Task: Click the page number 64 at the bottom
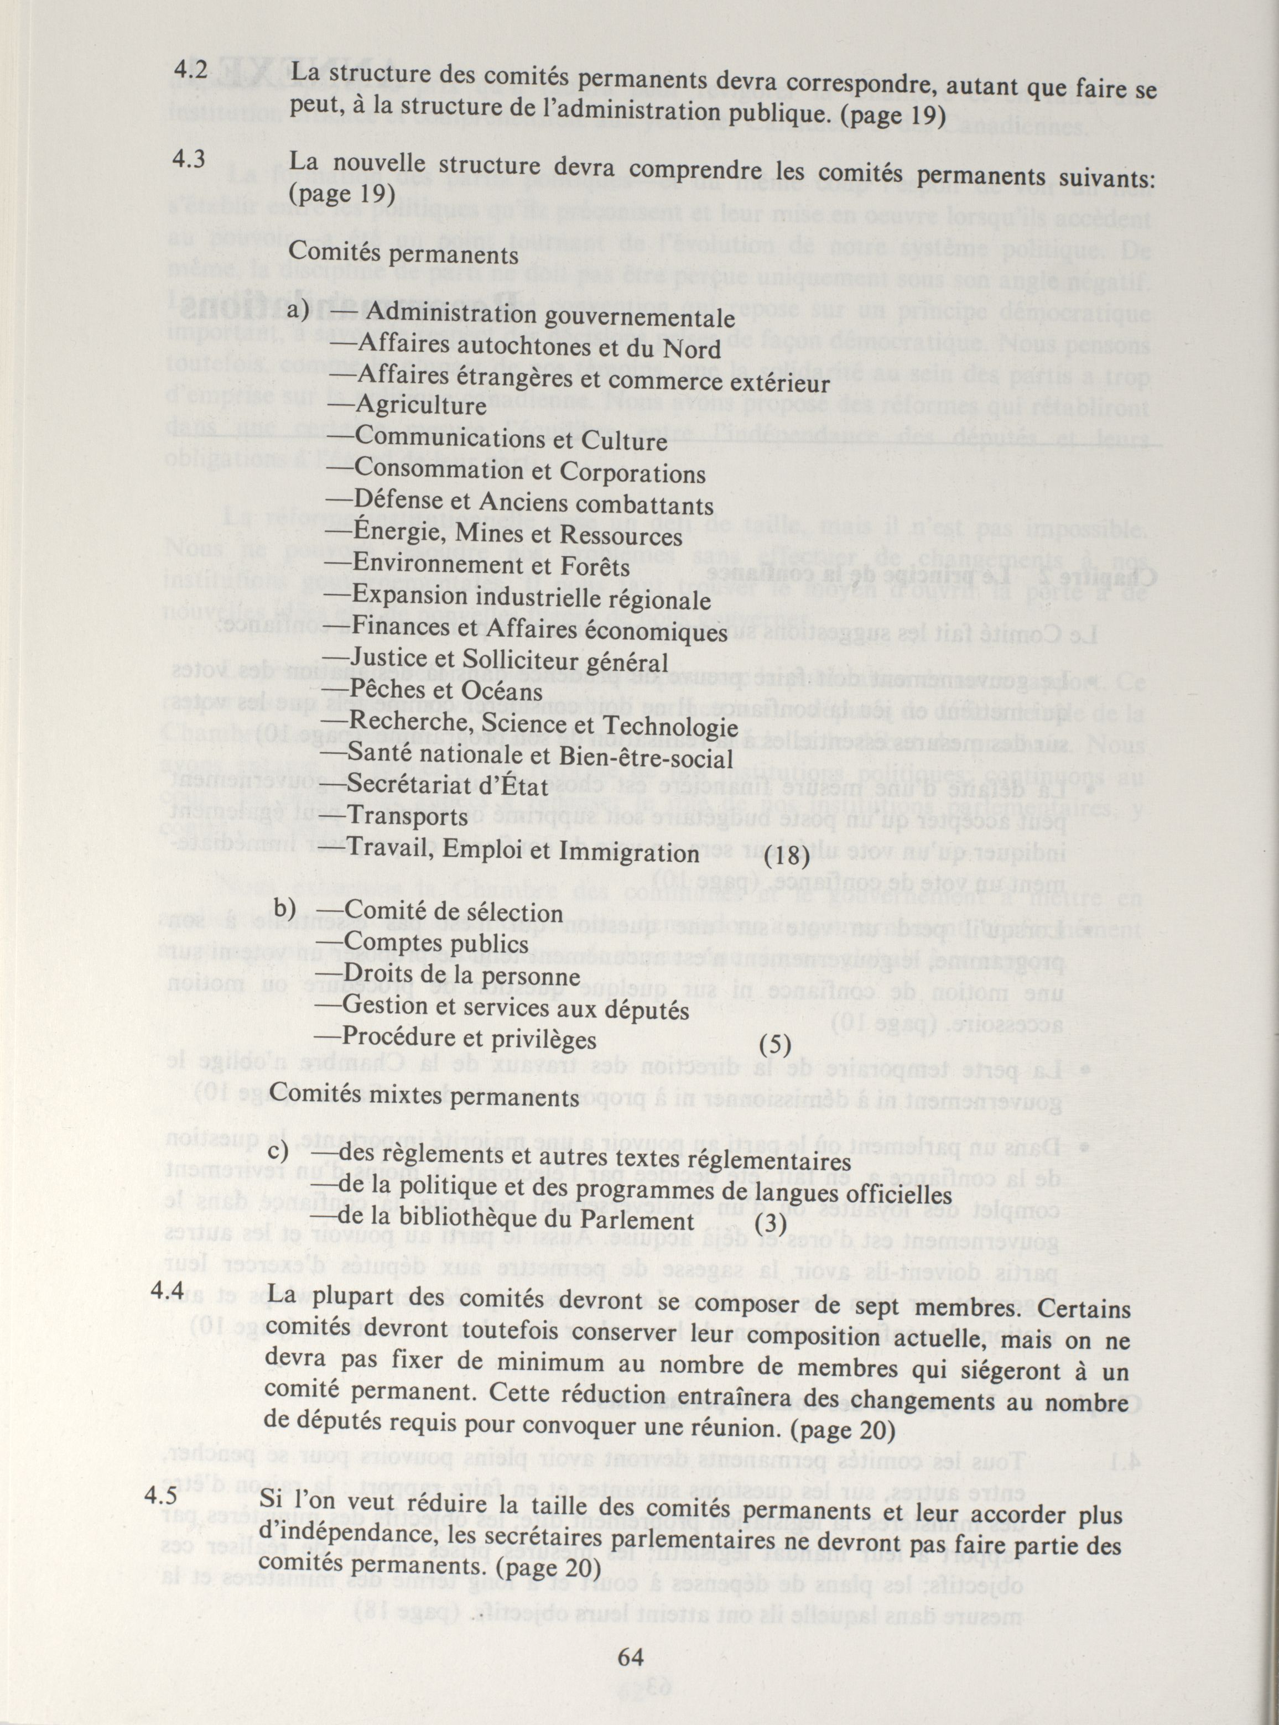tap(631, 1658)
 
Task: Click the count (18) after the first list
tap(787, 857)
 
